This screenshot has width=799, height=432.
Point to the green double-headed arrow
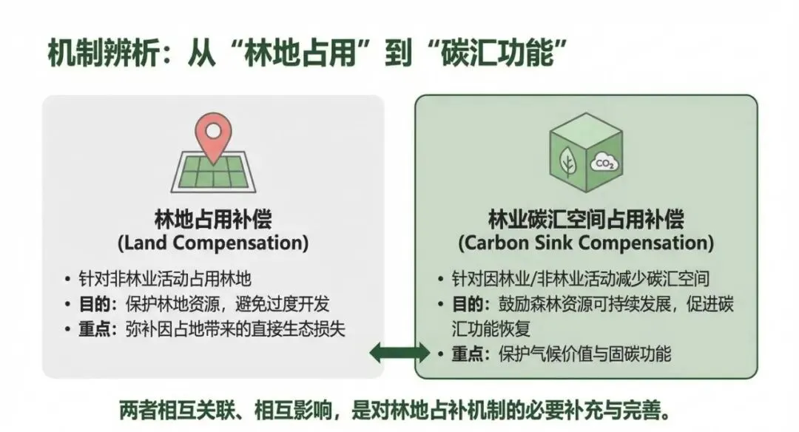tap(399, 351)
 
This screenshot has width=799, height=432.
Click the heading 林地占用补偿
tap(213, 219)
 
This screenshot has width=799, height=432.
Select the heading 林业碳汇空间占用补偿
tap(585, 219)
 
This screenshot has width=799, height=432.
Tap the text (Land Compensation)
tap(213, 243)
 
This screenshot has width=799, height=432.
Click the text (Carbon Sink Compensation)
tap(585, 243)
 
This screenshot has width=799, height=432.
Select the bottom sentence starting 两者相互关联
tap(399, 409)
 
